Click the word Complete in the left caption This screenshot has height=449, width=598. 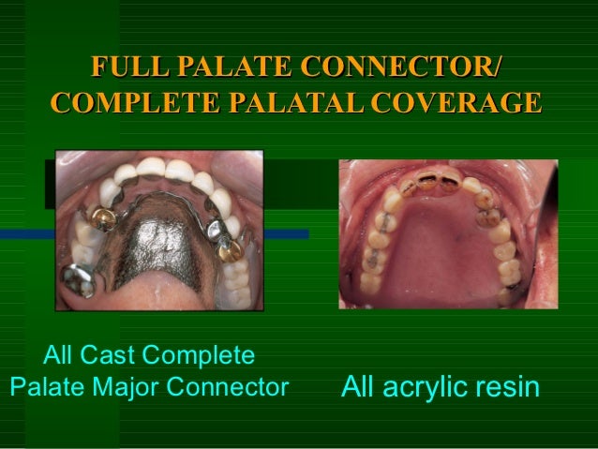(x=200, y=356)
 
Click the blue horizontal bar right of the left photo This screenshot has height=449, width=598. (x=282, y=233)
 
